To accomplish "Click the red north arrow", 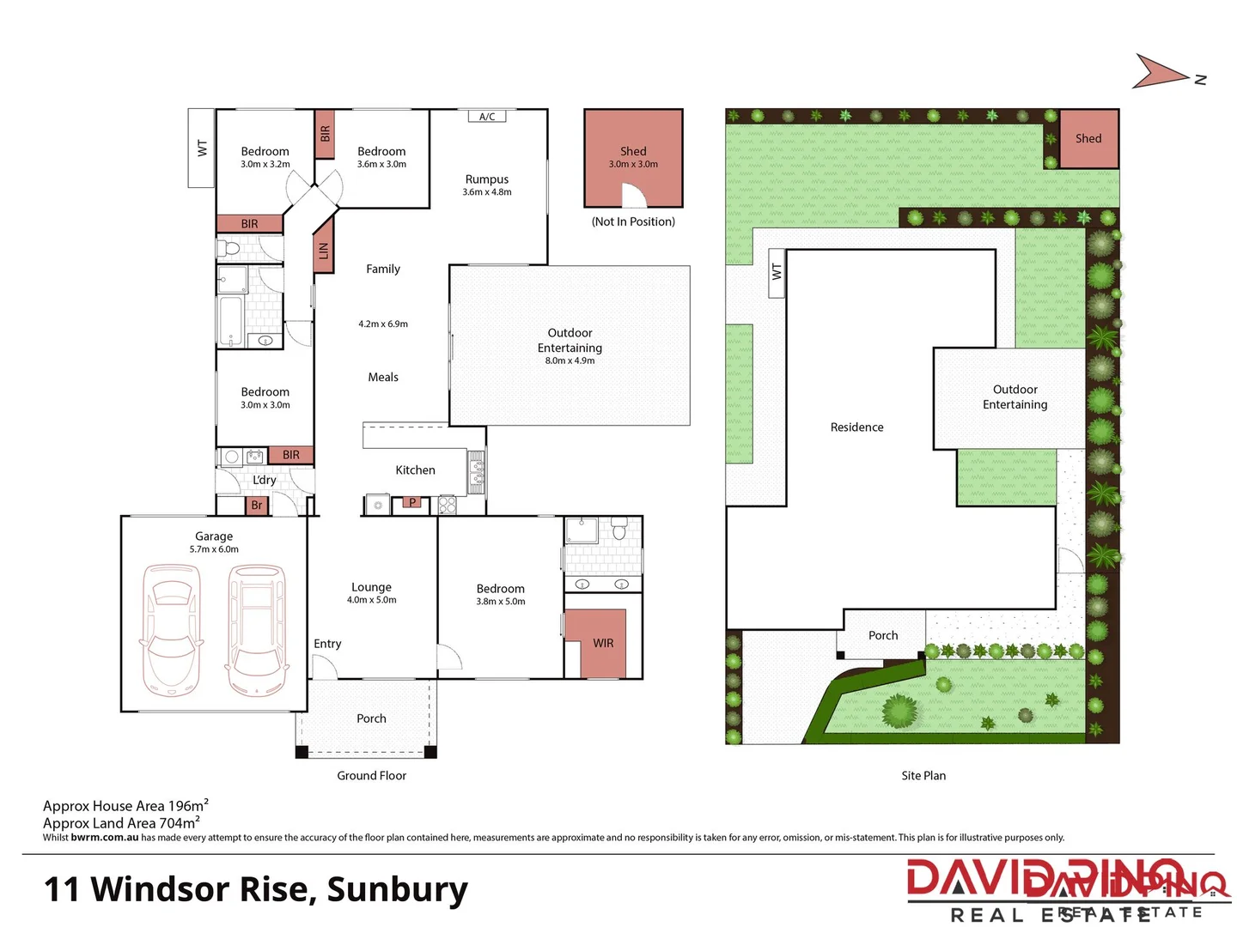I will click(x=1161, y=72).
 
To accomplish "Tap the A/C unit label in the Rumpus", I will click(x=487, y=117).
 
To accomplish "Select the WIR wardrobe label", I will click(x=603, y=643).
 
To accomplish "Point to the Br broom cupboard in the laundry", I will click(x=257, y=506).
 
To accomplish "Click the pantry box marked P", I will click(x=412, y=503).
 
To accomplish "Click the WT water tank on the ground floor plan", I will click(x=202, y=148).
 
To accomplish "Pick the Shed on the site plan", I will click(x=1088, y=138).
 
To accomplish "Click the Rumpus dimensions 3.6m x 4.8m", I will click(x=487, y=192).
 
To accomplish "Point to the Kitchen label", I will click(x=415, y=470).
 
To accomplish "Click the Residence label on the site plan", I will click(x=856, y=427).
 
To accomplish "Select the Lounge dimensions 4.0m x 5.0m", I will click(x=372, y=600).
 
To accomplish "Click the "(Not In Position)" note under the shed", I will click(x=633, y=221).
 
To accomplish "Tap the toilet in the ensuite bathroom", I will click(x=619, y=530).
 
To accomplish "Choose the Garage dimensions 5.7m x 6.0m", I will click(x=214, y=549).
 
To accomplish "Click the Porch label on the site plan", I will click(x=883, y=635).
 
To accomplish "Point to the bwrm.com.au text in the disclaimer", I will click(x=104, y=838).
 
